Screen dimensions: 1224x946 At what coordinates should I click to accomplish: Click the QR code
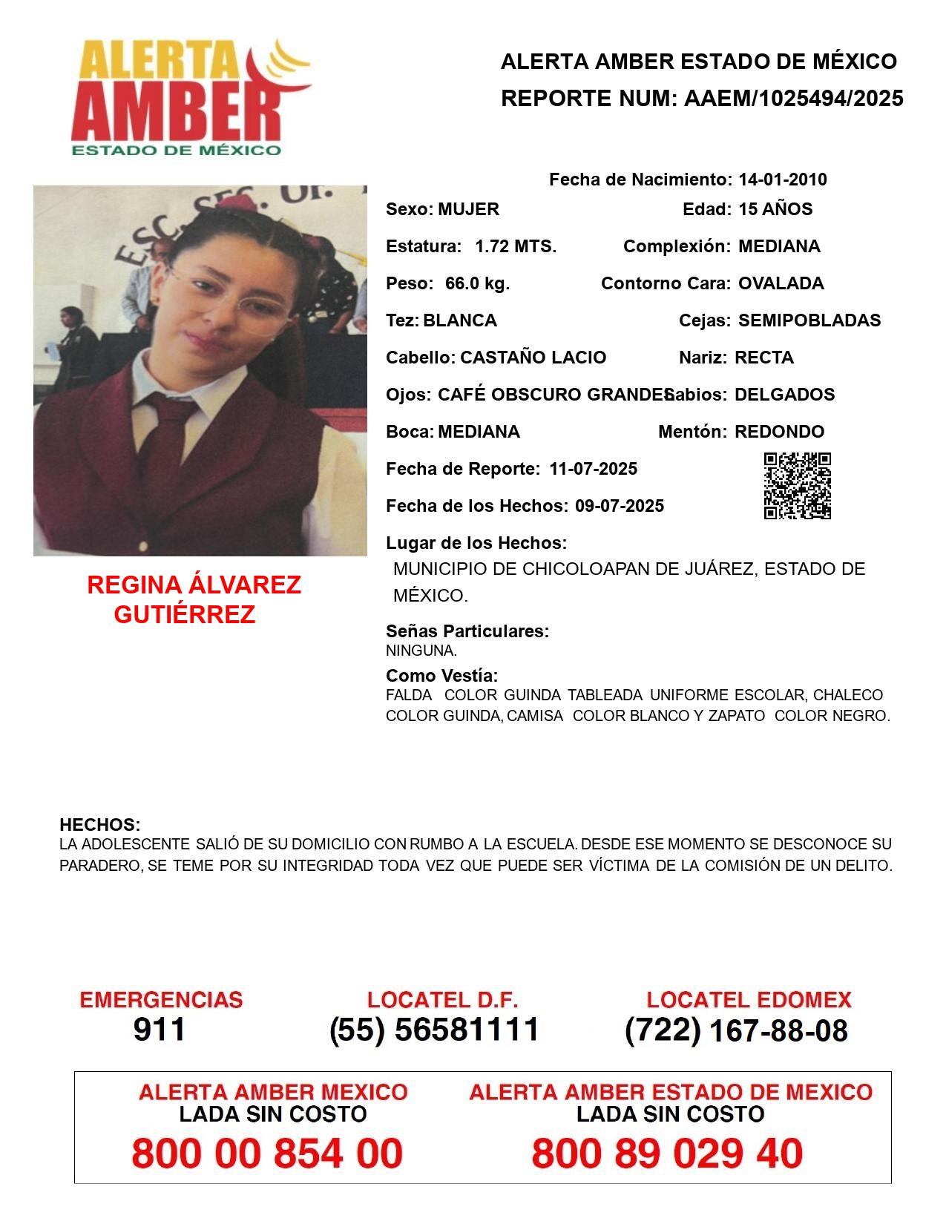pos(798,486)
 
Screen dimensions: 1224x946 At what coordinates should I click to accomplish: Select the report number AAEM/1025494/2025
pos(793,98)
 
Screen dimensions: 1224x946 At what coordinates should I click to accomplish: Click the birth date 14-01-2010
pos(782,180)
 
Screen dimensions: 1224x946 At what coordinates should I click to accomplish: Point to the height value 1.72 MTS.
pos(516,246)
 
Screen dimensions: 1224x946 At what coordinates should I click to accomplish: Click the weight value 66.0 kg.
pos(477,283)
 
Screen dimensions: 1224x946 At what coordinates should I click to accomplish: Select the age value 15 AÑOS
pos(775,209)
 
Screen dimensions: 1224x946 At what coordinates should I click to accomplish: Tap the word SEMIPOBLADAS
pos(809,320)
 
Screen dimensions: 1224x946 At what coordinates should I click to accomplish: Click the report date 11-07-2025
pos(593,469)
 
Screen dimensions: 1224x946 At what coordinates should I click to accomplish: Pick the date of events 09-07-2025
pos(620,506)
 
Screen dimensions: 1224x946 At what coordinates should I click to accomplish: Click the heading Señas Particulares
pos(467,631)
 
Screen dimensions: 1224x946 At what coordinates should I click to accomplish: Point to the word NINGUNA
pos(421,651)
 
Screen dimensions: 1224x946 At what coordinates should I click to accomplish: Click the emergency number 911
pos(160,1029)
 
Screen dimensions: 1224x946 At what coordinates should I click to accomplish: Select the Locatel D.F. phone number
pos(435,1029)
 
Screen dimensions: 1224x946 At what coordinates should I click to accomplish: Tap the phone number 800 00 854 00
pos(267,1154)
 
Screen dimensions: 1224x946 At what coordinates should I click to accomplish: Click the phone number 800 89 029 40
pos(667,1154)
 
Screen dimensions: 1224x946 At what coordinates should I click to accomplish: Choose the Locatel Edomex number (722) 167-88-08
pos(736,1030)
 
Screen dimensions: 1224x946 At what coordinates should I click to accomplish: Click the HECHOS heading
pos(99,825)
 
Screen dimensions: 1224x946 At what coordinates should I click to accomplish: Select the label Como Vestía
pos(441,676)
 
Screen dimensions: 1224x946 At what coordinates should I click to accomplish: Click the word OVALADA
pos(781,283)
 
